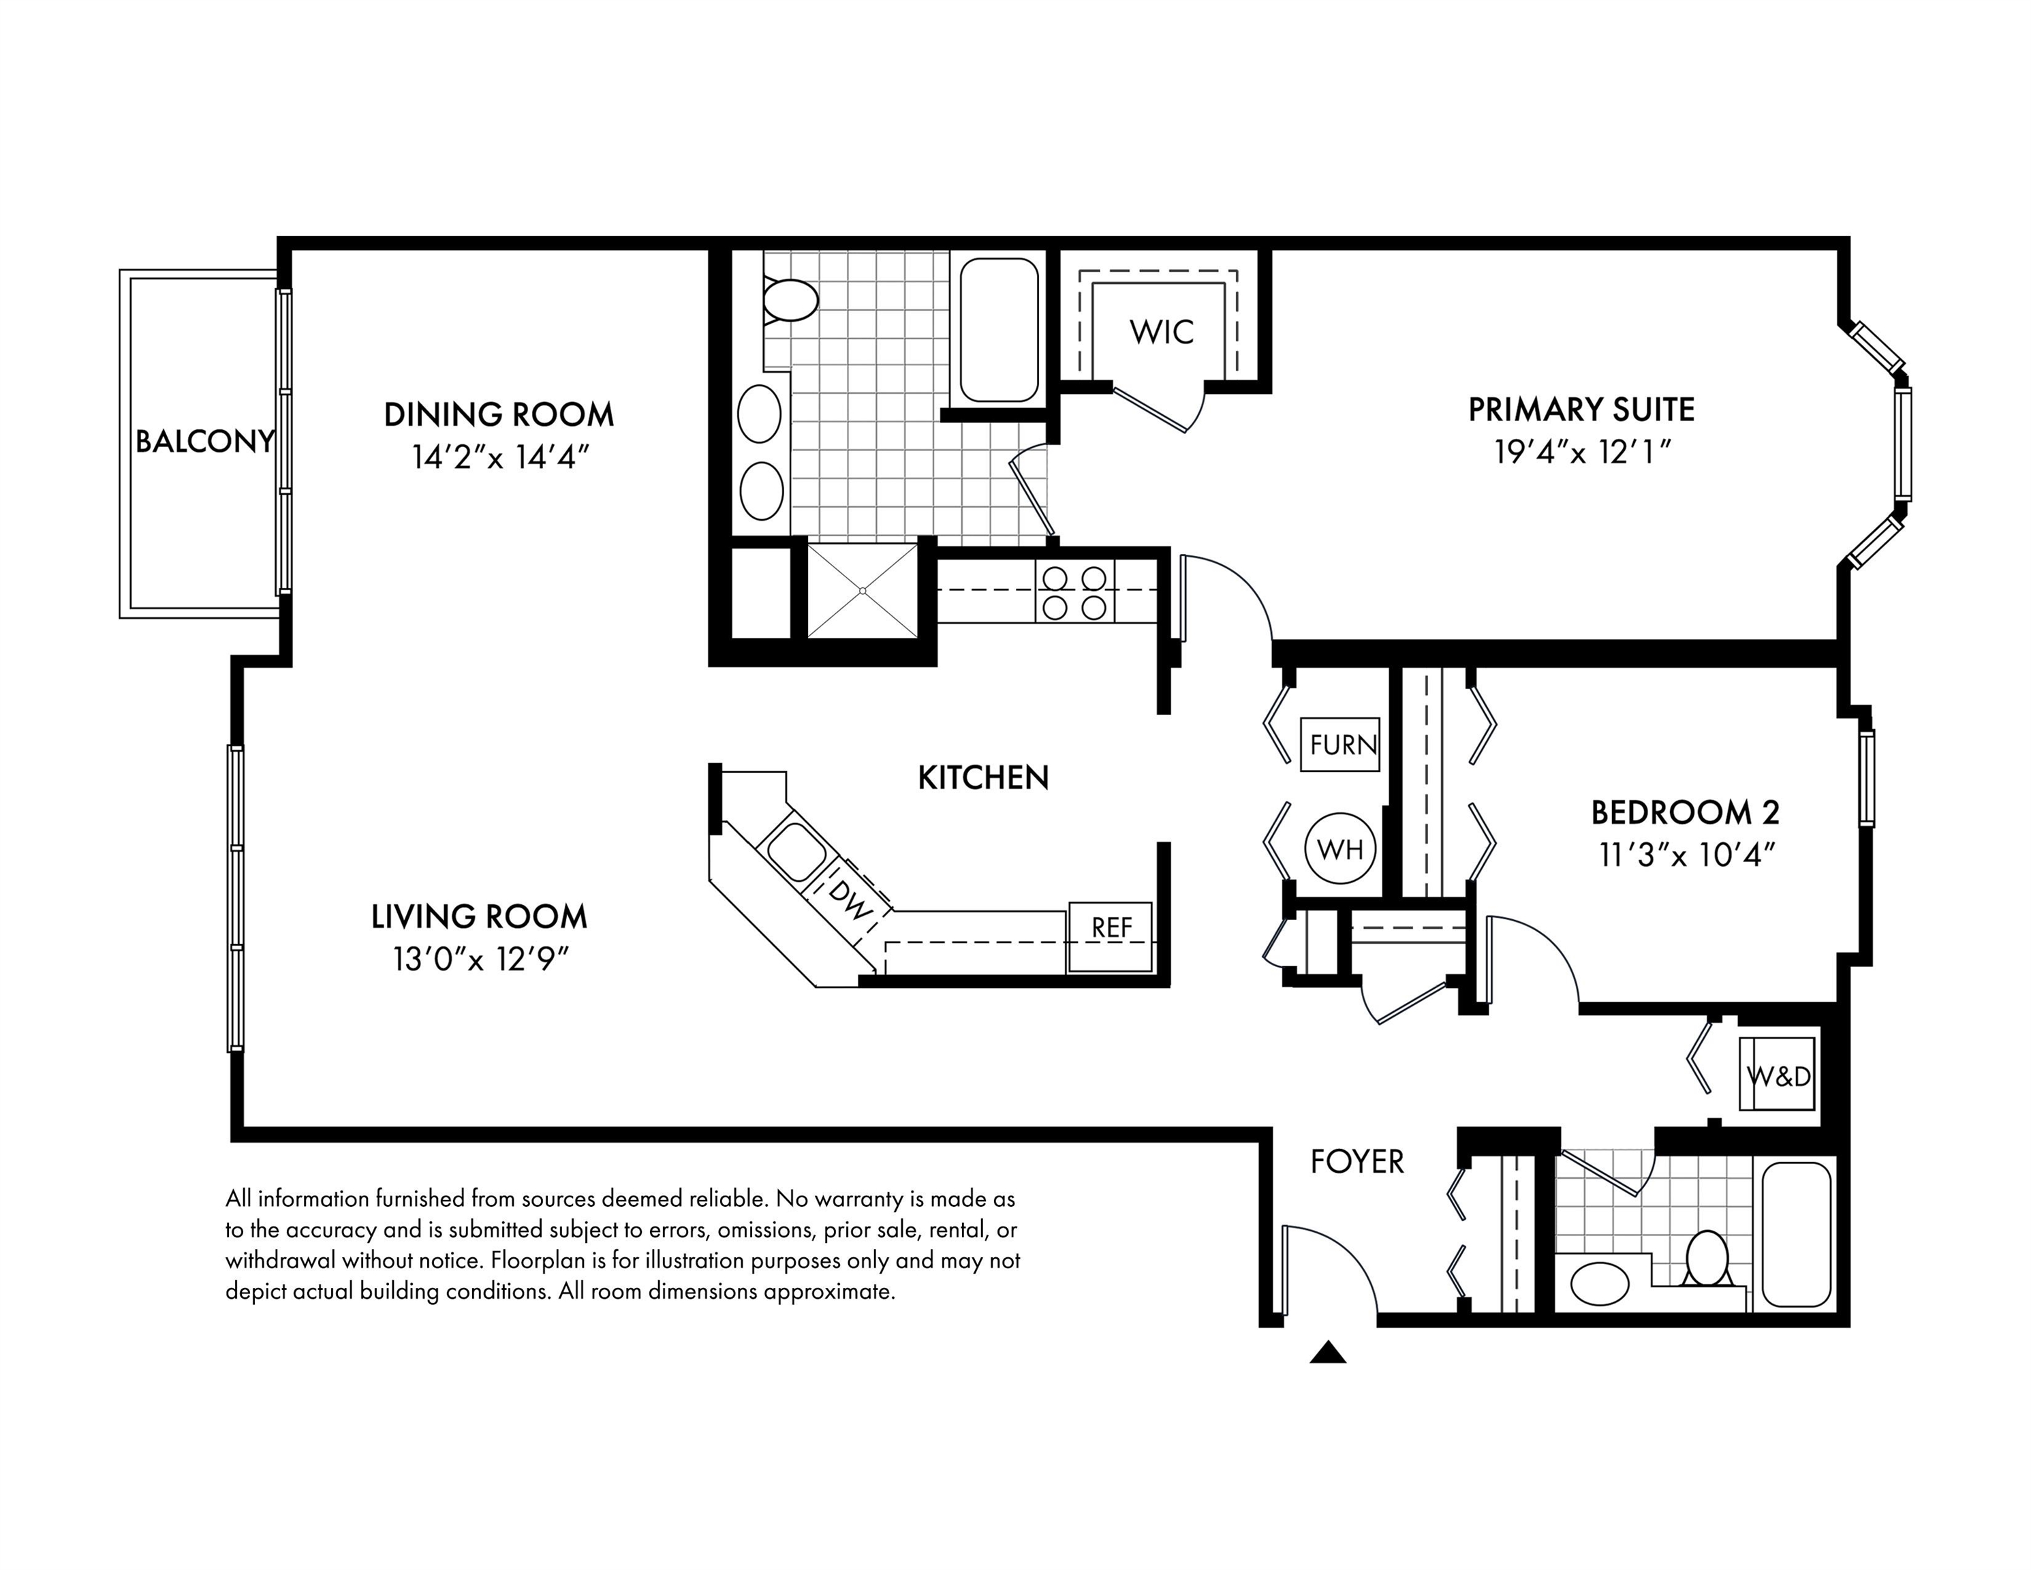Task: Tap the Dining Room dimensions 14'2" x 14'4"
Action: (x=500, y=457)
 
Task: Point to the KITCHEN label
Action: (x=983, y=778)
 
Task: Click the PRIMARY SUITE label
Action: (x=1581, y=410)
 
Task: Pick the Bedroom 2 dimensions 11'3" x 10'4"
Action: (x=1687, y=855)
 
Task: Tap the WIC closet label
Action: (x=1162, y=332)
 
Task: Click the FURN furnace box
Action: (x=1340, y=744)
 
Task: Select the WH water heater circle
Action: (x=1340, y=848)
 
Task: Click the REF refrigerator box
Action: (x=1111, y=938)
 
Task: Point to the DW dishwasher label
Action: (x=851, y=902)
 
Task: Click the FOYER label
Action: (x=1356, y=1162)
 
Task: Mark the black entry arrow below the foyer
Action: (x=1328, y=1353)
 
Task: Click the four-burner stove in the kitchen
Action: (x=1074, y=592)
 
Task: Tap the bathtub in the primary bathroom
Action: (x=999, y=330)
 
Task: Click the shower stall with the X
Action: (x=862, y=591)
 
